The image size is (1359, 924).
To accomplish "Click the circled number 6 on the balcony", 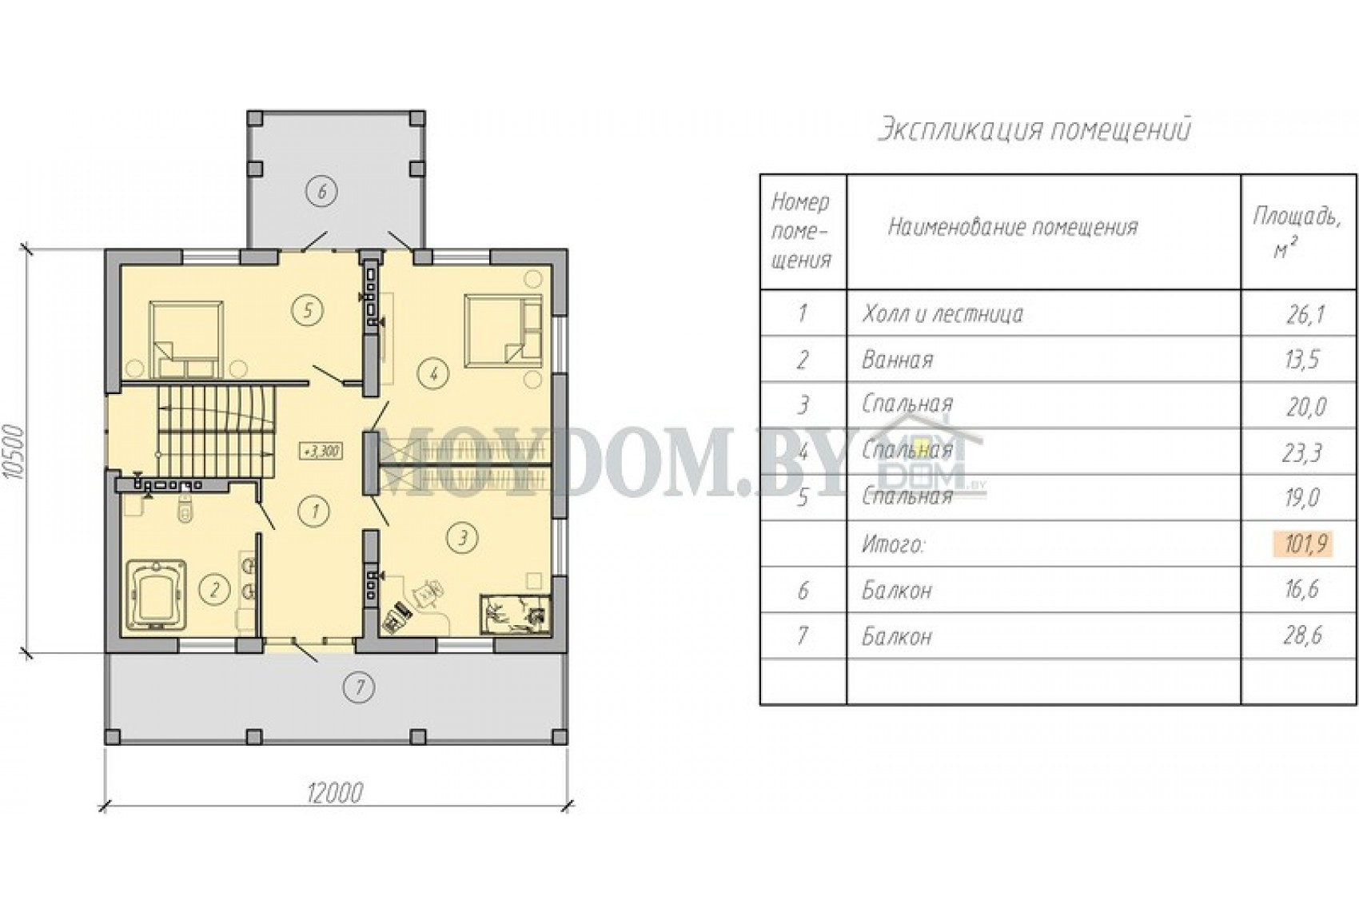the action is pyautogui.click(x=322, y=193).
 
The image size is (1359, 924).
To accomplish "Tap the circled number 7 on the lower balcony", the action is pyautogui.click(x=359, y=688).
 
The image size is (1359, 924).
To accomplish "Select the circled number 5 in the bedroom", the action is pyautogui.click(x=308, y=311).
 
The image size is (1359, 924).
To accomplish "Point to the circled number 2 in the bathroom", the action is pyautogui.click(x=213, y=589).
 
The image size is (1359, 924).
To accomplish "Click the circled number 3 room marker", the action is pyautogui.click(x=462, y=537).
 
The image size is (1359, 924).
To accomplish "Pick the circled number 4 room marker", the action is pyautogui.click(x=433, y=373).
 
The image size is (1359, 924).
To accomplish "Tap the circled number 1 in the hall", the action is pyautogui.click(x=314, y=511).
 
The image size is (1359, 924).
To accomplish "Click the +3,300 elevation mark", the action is pyautogui.click(x=321, y=452).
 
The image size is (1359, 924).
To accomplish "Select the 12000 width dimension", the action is pyautogui.click(x=335, y=792).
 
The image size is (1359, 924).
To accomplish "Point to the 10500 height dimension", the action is pyautogui.click(x=14, y=452).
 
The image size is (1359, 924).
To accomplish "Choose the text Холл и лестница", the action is pyautogui.click(x=943, y=313).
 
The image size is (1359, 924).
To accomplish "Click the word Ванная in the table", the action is pyautogui.click(x=897, y=360).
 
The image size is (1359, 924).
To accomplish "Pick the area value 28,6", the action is pyautogui.click(x=1302, y=635).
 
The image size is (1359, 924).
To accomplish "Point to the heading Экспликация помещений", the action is pyautogui.click(x=1034, y=129).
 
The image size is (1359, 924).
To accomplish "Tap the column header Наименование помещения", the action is pyautogui.click(x=1013, y=227).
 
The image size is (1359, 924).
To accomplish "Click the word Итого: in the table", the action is pyautogui.click(x=893, y=545).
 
